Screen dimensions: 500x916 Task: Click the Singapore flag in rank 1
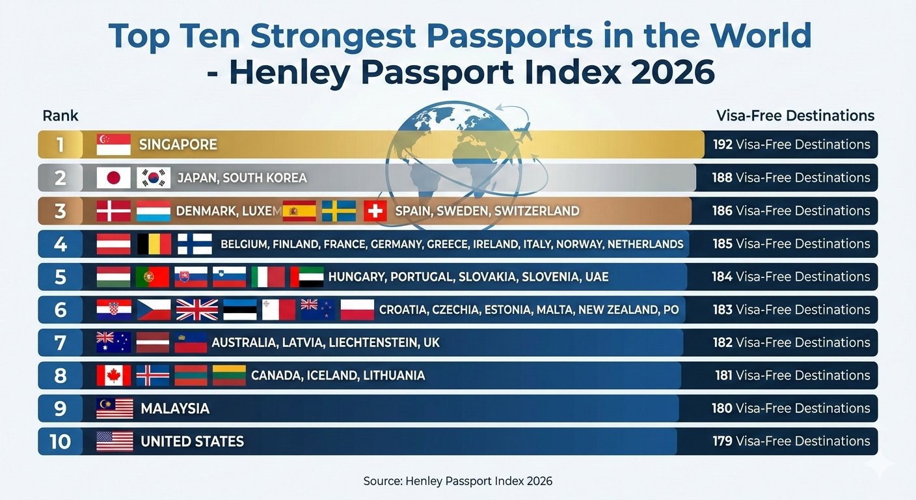113,145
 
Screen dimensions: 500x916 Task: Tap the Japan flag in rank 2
113,178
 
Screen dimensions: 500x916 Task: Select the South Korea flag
154,178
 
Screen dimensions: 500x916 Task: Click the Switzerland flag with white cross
375,211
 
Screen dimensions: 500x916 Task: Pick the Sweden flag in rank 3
339,211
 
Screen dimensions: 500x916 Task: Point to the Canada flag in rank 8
113,376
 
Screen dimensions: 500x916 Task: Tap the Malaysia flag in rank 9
114,409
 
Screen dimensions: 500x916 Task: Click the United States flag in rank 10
114,441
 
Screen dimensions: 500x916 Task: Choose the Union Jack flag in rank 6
197,310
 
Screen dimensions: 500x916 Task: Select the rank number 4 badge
61,244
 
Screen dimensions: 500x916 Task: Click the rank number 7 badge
61,343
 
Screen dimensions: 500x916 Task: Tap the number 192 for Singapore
723,145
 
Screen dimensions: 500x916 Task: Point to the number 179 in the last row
722,441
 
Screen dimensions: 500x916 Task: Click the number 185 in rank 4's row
722,244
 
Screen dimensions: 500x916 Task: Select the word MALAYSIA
175,409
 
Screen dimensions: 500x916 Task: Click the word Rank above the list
61,116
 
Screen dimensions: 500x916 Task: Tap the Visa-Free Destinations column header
795,116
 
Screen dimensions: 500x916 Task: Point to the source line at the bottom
457,481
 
